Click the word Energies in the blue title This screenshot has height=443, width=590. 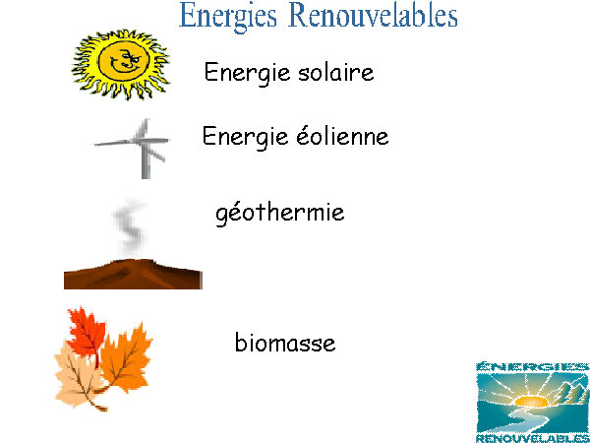228,16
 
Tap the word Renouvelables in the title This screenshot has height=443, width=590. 374,15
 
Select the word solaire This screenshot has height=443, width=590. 336,72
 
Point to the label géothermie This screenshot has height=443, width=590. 280,214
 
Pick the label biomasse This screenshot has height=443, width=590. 285,342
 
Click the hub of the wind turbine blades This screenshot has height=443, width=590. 143,141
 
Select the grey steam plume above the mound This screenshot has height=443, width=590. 130,226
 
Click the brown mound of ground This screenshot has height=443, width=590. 133,275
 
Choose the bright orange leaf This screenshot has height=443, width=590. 126,359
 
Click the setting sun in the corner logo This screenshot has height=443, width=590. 531,401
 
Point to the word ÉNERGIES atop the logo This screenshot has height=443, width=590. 532,366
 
